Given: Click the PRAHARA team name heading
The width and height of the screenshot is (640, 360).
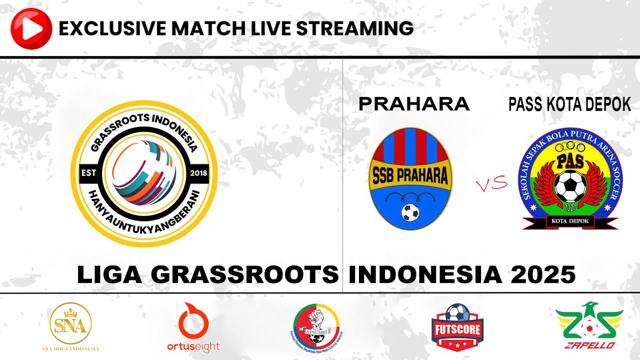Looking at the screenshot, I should tap(414, 104).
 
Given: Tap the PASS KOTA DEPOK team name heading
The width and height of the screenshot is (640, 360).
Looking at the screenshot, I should tap(569, 104).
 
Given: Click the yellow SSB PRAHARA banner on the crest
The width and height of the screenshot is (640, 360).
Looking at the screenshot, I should tap(410, 174).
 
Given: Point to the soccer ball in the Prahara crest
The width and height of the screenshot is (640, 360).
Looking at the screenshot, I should tap(410, 212).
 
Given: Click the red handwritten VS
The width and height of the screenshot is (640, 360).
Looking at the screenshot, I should tap(491, 185).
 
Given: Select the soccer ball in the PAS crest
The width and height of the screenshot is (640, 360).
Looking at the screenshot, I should tap(568, 185).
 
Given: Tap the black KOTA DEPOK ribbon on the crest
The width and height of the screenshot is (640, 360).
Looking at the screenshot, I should tap(570, 220).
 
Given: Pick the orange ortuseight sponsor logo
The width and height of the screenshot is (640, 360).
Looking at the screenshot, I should tap(193, 327).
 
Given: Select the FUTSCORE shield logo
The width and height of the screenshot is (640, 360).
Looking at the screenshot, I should tap(457, 327).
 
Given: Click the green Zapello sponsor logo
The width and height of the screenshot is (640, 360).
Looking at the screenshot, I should tap(589, 325).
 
